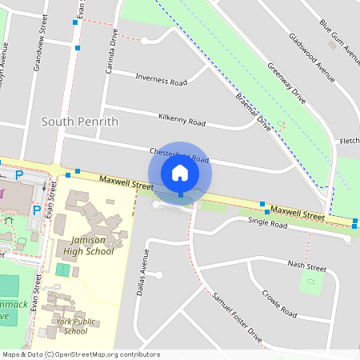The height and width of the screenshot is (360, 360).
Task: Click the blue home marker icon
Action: [180, 173]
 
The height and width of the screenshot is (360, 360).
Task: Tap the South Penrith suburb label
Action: [79, 122]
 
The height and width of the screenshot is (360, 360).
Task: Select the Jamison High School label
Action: [82, 246]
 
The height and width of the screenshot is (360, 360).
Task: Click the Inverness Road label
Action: [161, 80]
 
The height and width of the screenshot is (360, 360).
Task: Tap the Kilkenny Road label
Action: [182, 120]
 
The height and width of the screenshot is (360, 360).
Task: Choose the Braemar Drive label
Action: [253, 112]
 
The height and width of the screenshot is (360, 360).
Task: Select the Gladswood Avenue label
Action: [313, 60]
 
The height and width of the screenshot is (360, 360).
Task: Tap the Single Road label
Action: [267, 223]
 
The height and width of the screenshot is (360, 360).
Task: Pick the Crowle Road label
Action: [279, 302]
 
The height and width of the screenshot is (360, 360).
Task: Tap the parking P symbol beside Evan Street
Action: [36, 210]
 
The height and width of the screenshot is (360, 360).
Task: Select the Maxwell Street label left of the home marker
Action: [126, 184]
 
